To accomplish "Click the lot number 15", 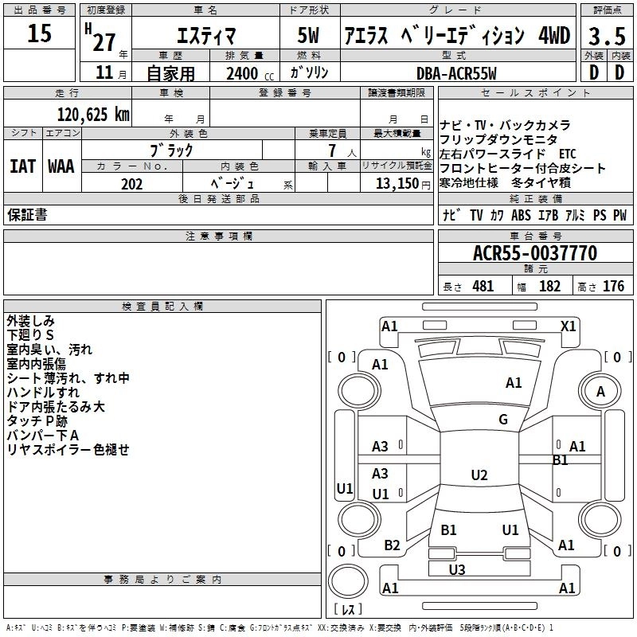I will click(39, 34).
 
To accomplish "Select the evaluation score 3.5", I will click(606, 37).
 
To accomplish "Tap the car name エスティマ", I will click(204, 36).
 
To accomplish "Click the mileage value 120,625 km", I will click(93, 115).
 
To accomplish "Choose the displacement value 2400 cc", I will click(244, 74).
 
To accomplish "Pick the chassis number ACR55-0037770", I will click(534, 254).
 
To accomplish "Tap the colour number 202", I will click(131, 184).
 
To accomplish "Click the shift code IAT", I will click(21, 166).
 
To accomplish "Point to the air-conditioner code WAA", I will click(61, 166).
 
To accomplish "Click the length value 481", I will click(483, 286).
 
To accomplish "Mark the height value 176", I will click(613, 286).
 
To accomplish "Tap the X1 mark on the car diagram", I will click(568, 326).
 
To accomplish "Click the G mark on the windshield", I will click(503, 420).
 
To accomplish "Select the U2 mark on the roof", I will click(479, 475).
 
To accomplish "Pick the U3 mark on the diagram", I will click(457, 569).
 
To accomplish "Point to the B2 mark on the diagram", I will click(392, 545).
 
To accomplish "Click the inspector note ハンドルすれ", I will click(43, 393).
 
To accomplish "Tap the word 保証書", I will click(27, 214).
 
